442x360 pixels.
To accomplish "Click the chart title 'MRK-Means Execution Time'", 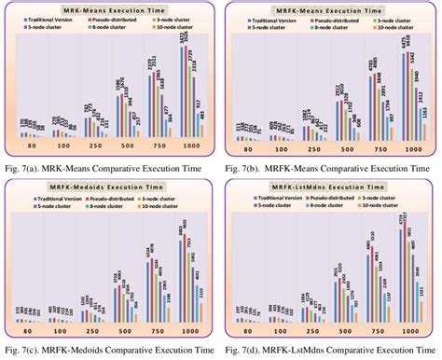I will [x=110, y=9].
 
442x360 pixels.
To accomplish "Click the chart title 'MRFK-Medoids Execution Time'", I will [x=110, y=189].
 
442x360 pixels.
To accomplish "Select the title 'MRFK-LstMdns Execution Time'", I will [x=332, y=189].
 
